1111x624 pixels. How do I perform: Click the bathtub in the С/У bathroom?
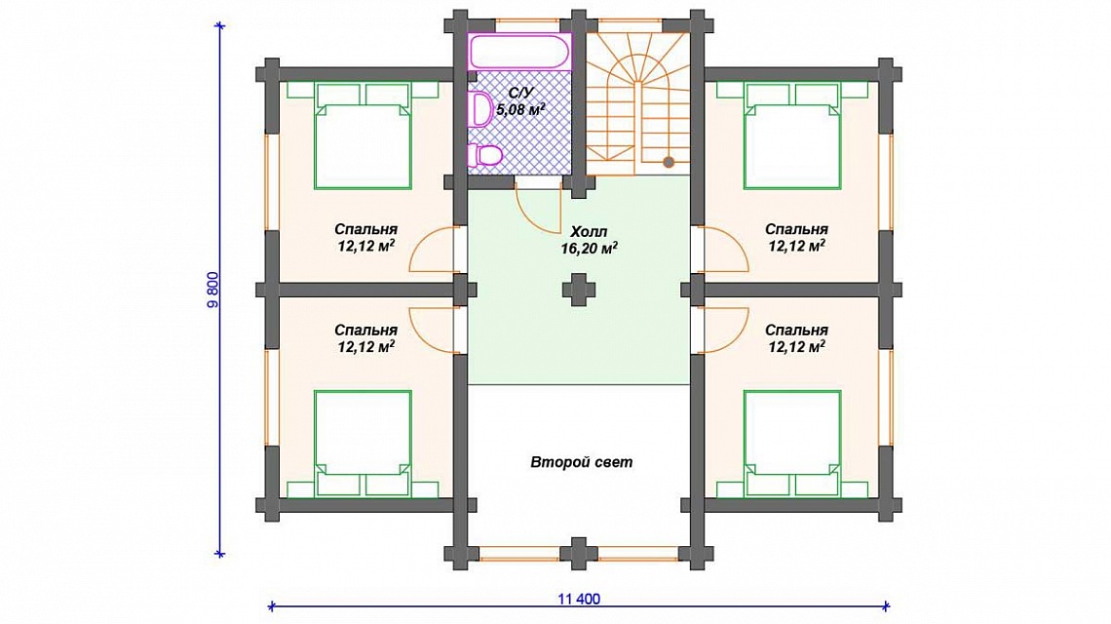(519, 51)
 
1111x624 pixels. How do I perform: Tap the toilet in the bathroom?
(485, 154)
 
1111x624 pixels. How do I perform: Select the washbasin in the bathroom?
(481, 109)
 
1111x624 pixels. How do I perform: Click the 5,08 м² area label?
(520, 109)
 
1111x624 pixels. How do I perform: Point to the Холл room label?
(589, 232)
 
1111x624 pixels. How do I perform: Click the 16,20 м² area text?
(589, 249)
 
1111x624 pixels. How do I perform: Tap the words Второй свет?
(582, 462)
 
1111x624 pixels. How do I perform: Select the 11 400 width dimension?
(579, 600)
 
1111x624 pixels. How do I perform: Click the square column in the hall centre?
(579, 290)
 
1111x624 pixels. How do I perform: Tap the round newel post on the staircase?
(669, 163)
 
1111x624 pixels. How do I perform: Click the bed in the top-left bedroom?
(363, 136)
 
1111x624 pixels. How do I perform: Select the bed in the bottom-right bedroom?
(792, 444)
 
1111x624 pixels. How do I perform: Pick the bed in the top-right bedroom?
(792, 136)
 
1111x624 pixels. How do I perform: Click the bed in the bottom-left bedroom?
(363, 444)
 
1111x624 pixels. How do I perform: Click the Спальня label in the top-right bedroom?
(796, 230)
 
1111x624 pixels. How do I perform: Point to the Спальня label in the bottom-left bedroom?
(365, 331)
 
